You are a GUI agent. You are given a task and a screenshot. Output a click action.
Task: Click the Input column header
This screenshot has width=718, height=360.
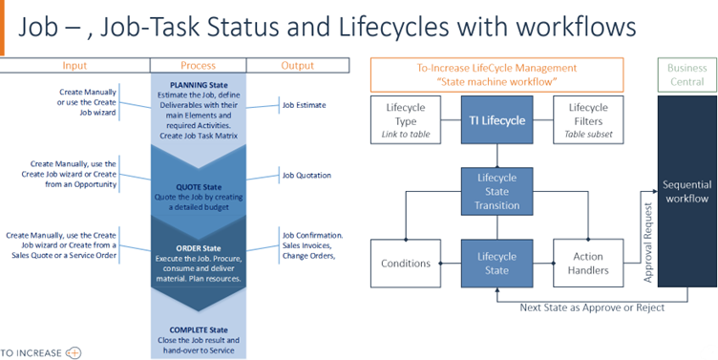coord(74,65)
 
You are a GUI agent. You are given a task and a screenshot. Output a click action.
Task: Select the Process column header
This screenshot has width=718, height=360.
coord(198,65)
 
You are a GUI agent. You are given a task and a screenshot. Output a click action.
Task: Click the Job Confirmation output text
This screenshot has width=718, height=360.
coord(312,234)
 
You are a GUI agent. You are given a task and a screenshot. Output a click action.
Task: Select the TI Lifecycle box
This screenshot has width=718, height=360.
coord(495,120)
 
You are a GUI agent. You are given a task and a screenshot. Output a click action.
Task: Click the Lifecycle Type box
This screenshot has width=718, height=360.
coord(406,120)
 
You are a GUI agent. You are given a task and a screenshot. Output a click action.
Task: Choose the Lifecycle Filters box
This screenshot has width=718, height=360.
coord(587,120)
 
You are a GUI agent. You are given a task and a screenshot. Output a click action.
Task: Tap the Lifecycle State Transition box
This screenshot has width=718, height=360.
coord(495,191)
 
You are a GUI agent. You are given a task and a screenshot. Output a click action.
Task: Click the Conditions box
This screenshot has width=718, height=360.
coord(406,263)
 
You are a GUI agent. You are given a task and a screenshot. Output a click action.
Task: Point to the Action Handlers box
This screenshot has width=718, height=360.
coord(587,263)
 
